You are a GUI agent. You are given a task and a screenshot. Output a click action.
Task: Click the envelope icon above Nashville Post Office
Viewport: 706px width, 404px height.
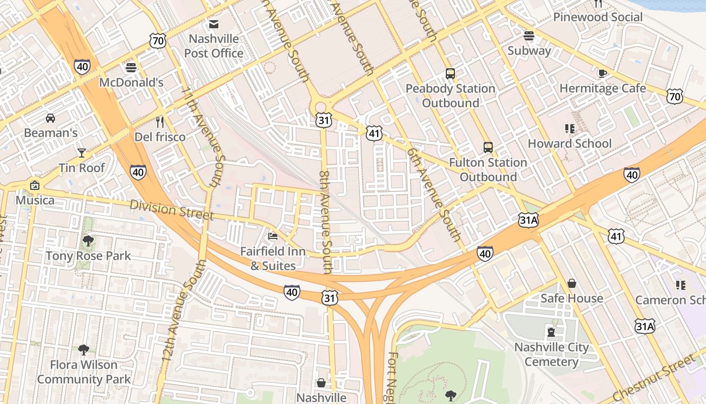point(214,24)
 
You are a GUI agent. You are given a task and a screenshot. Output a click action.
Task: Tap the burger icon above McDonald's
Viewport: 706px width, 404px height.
point(131,68)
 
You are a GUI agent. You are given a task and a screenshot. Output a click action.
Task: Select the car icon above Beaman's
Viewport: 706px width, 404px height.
point(50,118)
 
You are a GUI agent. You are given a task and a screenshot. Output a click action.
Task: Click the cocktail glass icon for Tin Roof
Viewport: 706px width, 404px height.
point(82,153)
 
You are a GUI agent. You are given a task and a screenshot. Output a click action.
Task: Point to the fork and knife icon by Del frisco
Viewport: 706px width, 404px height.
point(160,122)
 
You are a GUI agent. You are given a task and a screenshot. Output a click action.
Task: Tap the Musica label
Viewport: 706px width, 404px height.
point(35,200)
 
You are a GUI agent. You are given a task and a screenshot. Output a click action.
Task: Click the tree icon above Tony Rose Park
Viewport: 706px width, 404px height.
point(88,241)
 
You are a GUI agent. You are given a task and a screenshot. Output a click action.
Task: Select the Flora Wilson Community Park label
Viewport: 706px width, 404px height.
point(84,372)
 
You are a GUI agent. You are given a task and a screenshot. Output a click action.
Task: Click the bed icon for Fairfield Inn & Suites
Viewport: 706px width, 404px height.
point(273,236)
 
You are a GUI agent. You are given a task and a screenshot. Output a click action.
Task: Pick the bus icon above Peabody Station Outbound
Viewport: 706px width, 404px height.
point(450,74)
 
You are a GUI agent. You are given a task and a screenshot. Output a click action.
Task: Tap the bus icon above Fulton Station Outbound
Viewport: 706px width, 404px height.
point(488,147)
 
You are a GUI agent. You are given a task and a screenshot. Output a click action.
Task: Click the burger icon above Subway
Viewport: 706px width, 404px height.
point(528,36)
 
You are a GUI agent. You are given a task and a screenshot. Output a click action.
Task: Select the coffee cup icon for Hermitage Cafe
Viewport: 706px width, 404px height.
point(602,73)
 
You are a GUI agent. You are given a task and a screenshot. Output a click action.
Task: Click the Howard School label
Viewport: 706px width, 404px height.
point(569,143)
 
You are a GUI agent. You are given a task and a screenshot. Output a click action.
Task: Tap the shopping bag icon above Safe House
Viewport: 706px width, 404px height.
point(572,283)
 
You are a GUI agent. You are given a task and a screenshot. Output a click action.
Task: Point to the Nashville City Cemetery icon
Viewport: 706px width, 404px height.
point(551,332)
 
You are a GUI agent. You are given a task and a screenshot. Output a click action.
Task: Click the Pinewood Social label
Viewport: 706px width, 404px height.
point(598,17)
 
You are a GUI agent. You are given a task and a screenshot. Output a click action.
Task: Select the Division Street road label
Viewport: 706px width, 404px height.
point(171,210)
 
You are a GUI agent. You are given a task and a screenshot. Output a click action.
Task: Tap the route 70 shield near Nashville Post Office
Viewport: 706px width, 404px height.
point(158,41)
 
